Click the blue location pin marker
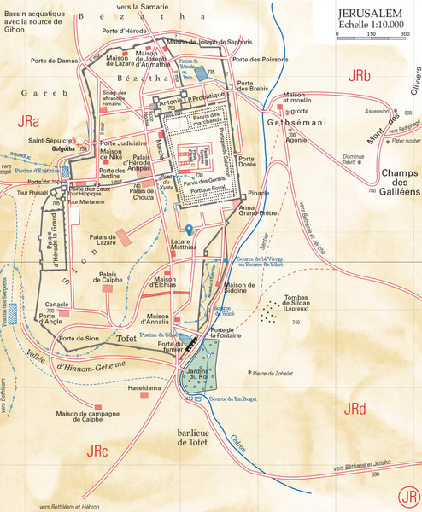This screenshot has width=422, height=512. tap(189, 230)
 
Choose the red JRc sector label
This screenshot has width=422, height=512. tap(98, 450)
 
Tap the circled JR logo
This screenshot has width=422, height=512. tap(409, 495)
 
